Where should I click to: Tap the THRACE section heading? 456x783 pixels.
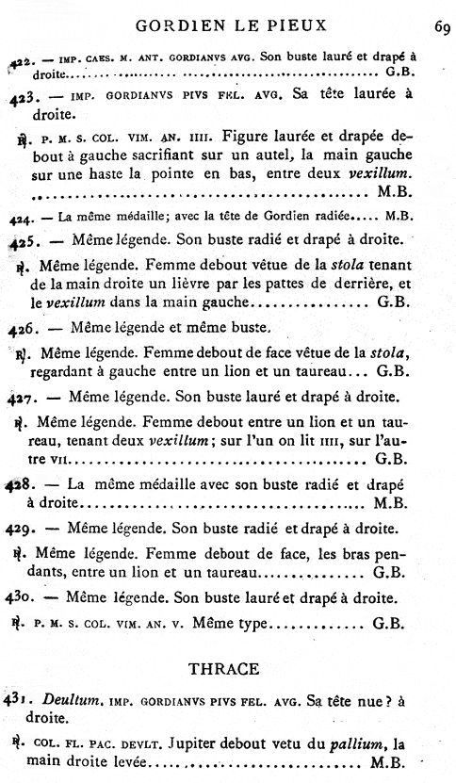[223, 668]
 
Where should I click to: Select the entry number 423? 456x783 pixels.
[22, 95]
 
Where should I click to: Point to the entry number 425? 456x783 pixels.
[22, 240]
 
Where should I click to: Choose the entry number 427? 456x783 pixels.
[22, 396]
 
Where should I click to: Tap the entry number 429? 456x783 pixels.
[22, 529]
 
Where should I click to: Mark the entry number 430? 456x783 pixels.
[22, 596]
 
